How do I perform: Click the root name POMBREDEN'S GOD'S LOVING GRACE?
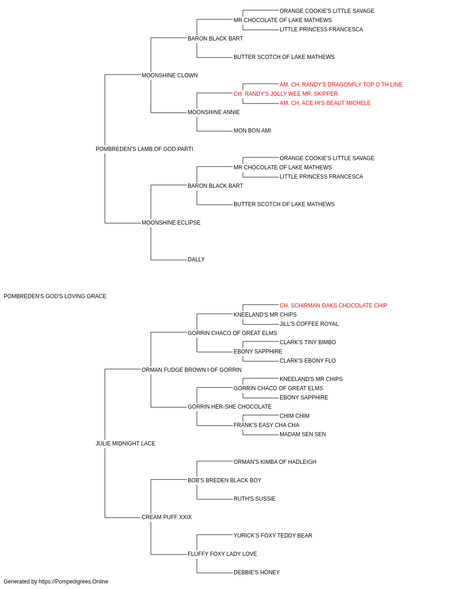pos(55,296)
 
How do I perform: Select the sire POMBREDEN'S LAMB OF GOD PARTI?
pos(144,149)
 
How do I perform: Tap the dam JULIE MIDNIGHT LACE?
pos(126,444)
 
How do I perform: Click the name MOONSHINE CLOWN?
pos(170,75)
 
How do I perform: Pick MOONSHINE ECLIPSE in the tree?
pos(171,223)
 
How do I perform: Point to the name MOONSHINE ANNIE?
pos(214,112)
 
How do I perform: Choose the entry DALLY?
pos(196,260)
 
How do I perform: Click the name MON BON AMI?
pos(252,131)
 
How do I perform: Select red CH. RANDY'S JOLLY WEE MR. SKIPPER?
pos(286,94)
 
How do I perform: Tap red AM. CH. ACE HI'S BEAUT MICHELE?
pos(325,103)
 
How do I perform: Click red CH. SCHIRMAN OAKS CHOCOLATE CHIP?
pos(333,306)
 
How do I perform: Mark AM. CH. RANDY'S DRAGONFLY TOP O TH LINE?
pos(341,85)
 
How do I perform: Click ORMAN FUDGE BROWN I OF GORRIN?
pos(191,370)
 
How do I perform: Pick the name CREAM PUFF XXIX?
pos(167,517)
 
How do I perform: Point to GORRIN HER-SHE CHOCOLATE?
pos(230,407)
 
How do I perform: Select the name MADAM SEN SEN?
pos(303,434)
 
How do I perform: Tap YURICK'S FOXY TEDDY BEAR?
pos(273,536)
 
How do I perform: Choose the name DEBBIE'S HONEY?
pos(257,572)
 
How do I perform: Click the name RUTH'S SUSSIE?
pos(254,499)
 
